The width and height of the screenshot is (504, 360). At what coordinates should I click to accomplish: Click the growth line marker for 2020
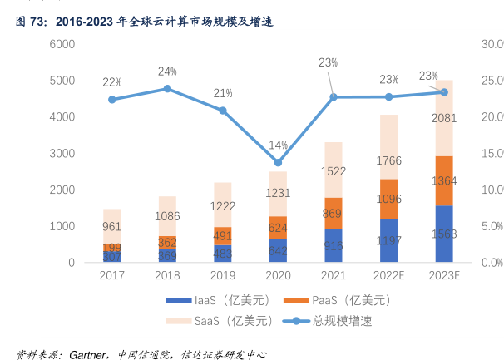pos(278,162)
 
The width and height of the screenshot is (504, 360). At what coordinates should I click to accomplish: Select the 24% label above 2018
pos(167,72)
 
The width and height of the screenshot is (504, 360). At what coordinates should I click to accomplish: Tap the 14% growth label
pos(278,145)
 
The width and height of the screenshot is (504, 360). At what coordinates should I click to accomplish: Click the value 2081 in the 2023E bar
pos(444,118)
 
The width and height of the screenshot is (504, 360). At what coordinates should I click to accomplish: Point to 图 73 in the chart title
pos(31,22)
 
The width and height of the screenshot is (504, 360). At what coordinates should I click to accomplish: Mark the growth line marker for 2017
pos(112,100)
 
